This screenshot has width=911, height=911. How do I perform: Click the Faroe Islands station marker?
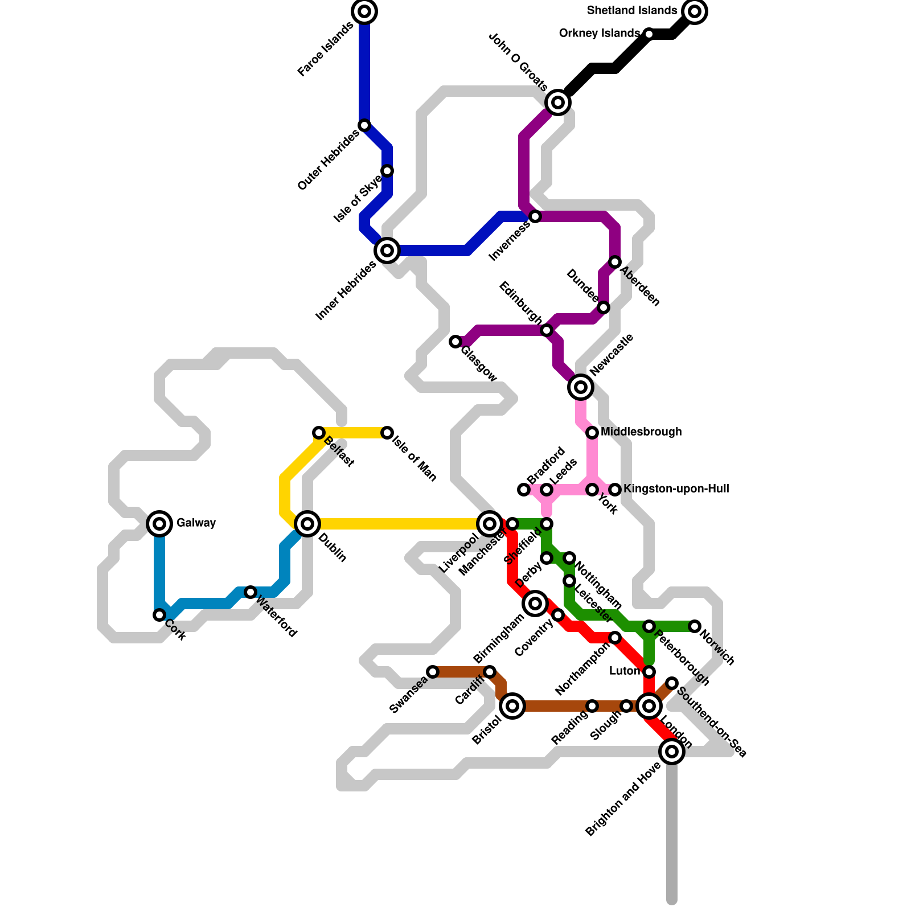[x=364, y=11]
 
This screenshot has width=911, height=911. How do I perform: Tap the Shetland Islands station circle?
[x=695, y=11]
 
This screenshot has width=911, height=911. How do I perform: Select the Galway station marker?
[x=160, y=523]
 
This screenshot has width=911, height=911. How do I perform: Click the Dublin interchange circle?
[x=307, y=523]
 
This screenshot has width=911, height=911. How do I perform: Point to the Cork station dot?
[x=159, y=615]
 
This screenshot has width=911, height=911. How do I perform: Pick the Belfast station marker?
[x=319, y=433]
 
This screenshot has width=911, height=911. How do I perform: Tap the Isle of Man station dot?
[x=387, y=433]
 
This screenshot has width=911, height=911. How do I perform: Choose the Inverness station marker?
[x=535, y=216]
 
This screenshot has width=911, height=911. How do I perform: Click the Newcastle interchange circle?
[x=581, y=387]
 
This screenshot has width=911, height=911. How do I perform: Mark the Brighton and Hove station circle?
[x=672, y=752]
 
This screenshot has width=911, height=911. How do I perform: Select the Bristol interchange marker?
[x=512, y=706]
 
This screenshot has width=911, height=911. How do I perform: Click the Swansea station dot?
[x=433, y=672]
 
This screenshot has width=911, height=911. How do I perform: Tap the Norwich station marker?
[x=695, y=626]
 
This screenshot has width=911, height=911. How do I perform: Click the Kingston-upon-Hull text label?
[x=676, y=489]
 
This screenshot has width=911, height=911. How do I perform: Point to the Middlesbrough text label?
[x=641, y=432]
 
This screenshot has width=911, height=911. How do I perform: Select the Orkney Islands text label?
[x=599, y=34]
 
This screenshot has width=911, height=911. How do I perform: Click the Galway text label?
[x=196, y=523]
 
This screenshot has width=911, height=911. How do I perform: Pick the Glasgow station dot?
[x=455, y=342]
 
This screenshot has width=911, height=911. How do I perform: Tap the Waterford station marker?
[x=251, y=592]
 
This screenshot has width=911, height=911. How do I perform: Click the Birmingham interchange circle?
[x=535, y=604]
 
